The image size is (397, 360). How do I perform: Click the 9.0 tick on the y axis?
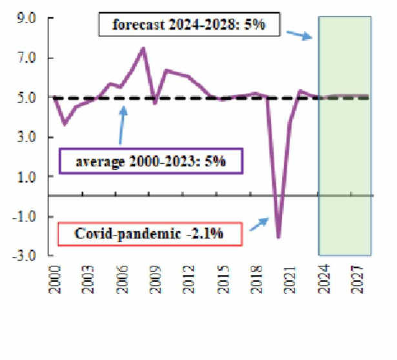click(27, 19)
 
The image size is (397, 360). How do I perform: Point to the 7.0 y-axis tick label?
click(27, 58)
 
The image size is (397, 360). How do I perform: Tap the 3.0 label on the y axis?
click(27, 137)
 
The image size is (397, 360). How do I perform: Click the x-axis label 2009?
click(153, 278)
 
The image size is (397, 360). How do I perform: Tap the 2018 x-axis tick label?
click(253, 278)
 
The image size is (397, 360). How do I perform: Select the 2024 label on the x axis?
click(321, 278)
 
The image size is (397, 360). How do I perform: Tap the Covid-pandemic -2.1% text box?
click(150, 234)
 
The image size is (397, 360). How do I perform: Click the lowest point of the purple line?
click(278, 237)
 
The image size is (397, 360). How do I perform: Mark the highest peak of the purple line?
click(143, 48)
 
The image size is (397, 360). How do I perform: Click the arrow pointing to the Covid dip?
click(259, 225)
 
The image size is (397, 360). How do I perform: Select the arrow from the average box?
click(123, 125)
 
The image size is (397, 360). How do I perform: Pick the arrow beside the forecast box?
click(300, 34)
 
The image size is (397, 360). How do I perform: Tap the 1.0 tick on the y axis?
click(27, 176)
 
